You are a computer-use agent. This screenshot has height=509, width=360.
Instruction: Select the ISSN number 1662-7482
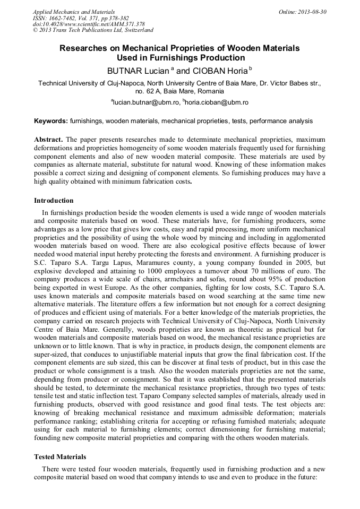click(70, 18)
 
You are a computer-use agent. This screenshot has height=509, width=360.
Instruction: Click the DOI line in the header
click(89, 24)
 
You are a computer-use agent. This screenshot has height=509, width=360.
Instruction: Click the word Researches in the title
click(82, 48)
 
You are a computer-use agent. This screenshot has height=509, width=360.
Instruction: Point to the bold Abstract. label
click(49, 139)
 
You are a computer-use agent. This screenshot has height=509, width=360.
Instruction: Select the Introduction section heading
click(54, 201)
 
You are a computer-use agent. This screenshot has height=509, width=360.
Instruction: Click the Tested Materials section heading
click(60, 456)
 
